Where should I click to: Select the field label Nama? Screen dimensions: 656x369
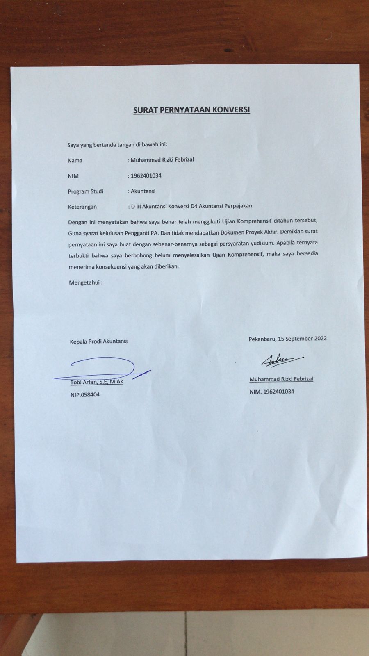(x=75, y=160)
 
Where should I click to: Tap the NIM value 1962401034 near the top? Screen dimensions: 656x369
(x=146, y=175)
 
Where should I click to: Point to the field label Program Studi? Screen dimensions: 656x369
(x=86, y=191)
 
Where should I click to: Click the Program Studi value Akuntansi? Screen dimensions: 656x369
(x=143, y=191)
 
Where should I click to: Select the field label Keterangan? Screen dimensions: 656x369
(x=82, y=207)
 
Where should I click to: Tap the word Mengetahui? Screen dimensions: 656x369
(x=84, y=282)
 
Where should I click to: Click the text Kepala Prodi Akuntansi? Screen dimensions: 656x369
(x=99, y=341)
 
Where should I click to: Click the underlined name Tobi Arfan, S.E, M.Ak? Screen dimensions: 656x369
(x=97, y=382)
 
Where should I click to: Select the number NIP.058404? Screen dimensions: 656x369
(x=85, y=394)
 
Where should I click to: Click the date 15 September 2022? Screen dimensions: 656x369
(x=302, y=339)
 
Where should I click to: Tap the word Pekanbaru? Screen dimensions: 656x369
(x=262, y=339)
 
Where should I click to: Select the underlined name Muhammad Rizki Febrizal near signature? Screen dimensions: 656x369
(x=281, y=379)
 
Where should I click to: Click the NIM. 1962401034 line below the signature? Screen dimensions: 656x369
(x=272, y=392)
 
